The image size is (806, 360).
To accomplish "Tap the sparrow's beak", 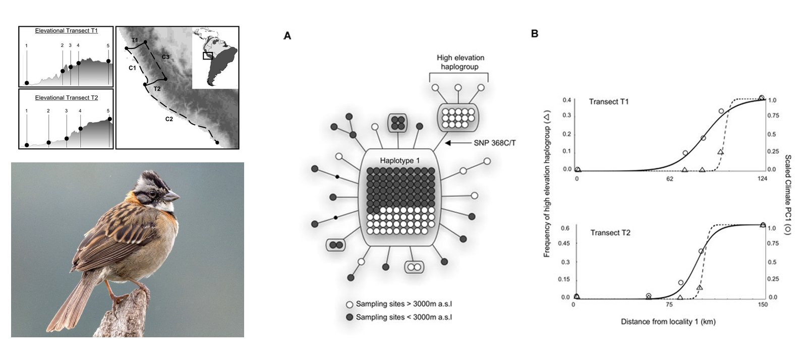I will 172,195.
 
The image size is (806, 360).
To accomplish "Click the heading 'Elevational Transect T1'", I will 66,31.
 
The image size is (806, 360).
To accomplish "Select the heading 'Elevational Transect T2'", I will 66,98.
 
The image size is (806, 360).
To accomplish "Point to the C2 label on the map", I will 169,119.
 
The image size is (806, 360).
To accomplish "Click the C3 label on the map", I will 165,57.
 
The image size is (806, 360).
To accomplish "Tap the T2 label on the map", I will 157,89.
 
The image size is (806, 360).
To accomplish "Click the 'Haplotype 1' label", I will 399,160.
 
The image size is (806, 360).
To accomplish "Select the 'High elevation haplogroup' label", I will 460,62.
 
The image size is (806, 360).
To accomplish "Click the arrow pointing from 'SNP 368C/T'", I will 456,143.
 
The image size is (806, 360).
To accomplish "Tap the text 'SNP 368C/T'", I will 494,143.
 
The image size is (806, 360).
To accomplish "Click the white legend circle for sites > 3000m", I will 349,305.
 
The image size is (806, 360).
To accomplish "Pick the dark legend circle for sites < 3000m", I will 349,318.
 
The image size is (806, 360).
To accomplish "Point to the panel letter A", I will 287,36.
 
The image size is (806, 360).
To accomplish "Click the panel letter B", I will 535,34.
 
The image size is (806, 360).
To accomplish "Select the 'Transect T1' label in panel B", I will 609,102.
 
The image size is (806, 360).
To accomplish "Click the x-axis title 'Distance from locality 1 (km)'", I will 668,322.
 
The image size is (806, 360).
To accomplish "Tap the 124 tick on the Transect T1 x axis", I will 762,178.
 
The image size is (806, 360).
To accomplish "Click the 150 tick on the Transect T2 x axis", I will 762,305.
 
